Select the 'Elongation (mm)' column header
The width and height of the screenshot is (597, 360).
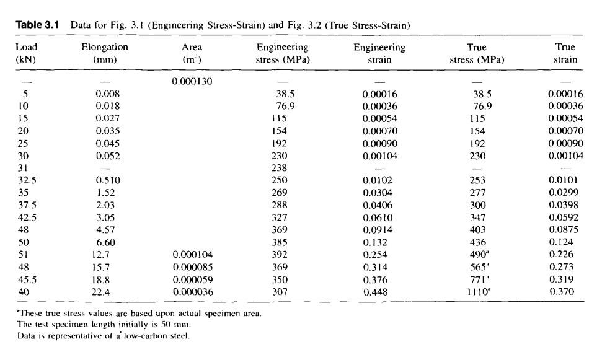[x=105, y=53]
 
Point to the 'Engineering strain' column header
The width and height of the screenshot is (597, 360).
[x=379, y=53]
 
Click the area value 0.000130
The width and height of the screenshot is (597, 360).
[x=193, y=81]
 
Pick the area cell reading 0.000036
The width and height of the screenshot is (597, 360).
[x=193, y=291]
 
